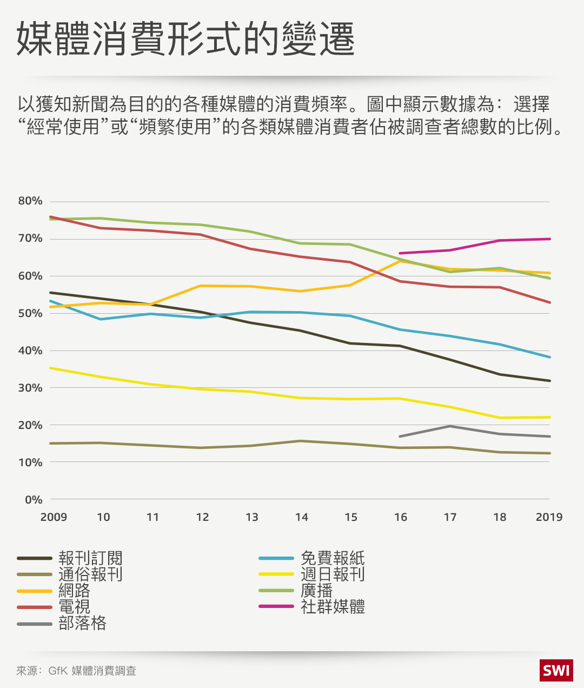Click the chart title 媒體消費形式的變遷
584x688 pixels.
tap(185, 39)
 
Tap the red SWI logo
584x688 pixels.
tap(556, 671)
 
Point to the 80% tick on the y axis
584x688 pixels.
tap(30, 201)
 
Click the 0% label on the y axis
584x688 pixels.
tap(34, 500)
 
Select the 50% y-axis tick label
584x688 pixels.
tap(30, 313)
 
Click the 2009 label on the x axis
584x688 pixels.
tap(54, 517)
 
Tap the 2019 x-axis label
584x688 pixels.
tap(549, 517)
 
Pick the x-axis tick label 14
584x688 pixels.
tap(301, 517)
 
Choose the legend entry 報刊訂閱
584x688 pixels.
tap(90, 558)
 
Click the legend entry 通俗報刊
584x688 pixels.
tap(90, 574)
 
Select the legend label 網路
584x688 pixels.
tap(74, 590)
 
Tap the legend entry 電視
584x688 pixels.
tap(74, 606)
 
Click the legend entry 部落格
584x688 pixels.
tap(82, 623)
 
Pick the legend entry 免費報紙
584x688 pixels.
tap(333, 558)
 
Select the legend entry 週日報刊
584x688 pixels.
tap(333, 574)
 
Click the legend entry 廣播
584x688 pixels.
tap(316, 590)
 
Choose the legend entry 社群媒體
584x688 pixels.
tap(333, 606)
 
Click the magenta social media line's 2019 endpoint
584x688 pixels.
tap(549, 239)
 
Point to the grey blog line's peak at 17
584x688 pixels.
tap(450, 426)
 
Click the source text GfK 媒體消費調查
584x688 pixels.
tap(92, 671)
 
